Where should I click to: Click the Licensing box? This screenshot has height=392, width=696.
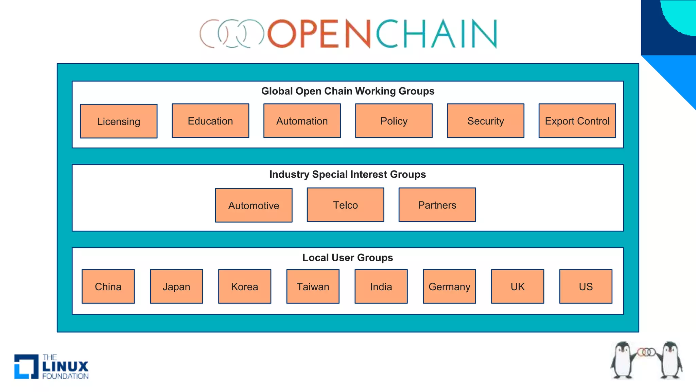pyautogui.click(x=119, y=121)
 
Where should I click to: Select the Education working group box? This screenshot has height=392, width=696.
pyautogui.click(x=210, y=121)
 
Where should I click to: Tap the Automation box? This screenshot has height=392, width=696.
pyautogui.click(x=302, y=121)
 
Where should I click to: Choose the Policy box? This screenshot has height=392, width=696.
pyautogui.click(x=394, y=121)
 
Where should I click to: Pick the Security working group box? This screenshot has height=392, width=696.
pyautogui.click(x=485, y=121)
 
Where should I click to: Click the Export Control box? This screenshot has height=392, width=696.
pyautogui.click(x=577, y=121)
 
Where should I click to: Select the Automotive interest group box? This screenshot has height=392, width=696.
pyautogui.click(x=254, y=205)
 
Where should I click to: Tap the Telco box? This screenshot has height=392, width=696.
pyautogui.click(x=345, y=205)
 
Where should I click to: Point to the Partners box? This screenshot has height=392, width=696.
pyautogui.click(x=437, y=205)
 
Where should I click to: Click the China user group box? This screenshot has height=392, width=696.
pyautogui.click(x=108, y=287)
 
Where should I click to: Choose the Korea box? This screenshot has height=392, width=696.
pyautogui.click(x=244, y=287)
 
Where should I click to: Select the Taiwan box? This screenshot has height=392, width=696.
pyautogui.click(x=313, y=287)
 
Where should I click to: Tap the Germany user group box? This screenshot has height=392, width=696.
pyautogui.click(x=449, y=287)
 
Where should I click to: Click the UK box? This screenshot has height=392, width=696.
pyautogui.click(x=517, y=287)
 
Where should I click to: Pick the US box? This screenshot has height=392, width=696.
pyautogui.click(x=586, y=287)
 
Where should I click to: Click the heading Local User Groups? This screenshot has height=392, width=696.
pyautogui.click(x=347, y=258)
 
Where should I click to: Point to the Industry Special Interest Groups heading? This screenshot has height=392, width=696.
pyautogui.click(x=347, y=174)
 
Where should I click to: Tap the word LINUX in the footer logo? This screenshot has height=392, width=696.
pyautogui.click(x=65, y=366)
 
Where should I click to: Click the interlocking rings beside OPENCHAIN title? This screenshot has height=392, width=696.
pyautogui.click(x=232, y=33)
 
